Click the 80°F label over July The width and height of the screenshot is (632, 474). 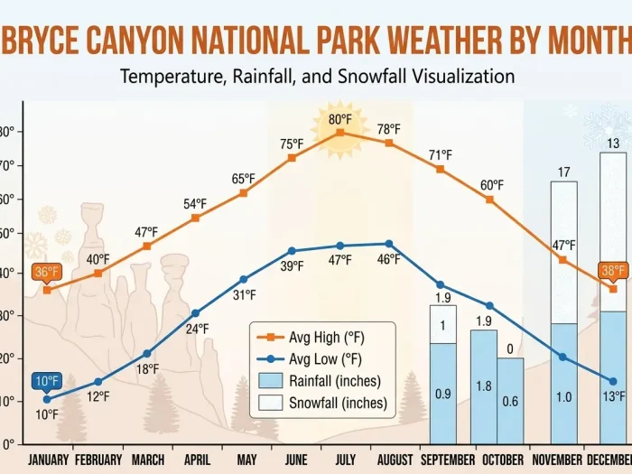tap(339, 118)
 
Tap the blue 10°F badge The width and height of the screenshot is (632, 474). tap(49, 381)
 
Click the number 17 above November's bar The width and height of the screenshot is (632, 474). tap(563, 172)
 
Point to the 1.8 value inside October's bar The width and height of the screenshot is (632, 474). tap(484, 386)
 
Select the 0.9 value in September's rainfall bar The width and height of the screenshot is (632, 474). tap(443, 394)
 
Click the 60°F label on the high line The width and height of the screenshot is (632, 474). tap(492, 185)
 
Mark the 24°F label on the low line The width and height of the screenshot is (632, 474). tap(198, 329)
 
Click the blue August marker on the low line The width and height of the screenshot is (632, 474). tap(389, 244)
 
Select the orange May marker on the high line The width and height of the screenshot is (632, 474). tap(244, 193)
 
